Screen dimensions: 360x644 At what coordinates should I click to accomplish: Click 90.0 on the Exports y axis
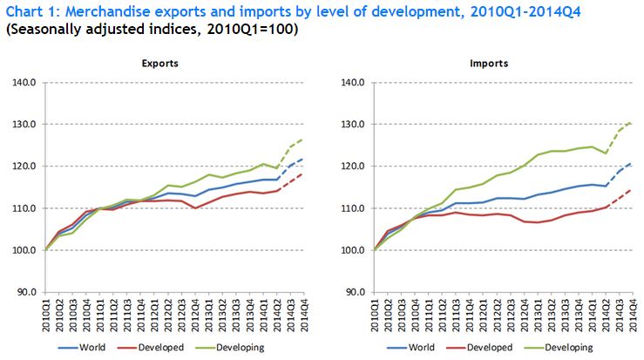tap(24, 292)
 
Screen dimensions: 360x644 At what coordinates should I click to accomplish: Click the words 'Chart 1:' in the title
tap(32, 10)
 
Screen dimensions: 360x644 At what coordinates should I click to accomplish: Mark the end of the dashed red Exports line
tap(302, 173)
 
